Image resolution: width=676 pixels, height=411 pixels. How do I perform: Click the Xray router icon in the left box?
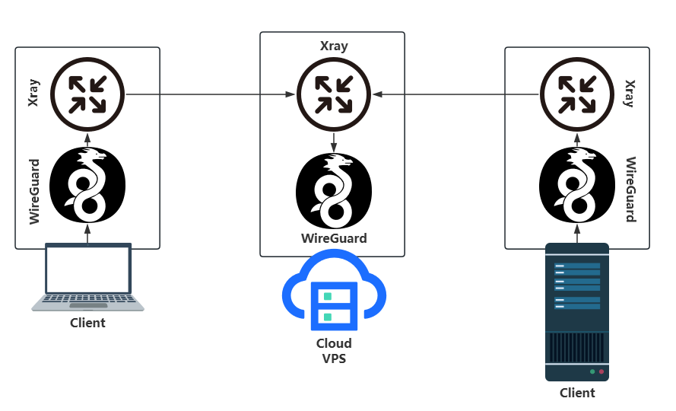87,94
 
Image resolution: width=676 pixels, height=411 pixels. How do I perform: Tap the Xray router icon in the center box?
333,94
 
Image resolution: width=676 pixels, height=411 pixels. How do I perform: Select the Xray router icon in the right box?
576,94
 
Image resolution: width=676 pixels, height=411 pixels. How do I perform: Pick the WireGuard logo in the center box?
333,191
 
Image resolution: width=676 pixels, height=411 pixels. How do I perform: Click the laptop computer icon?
87,276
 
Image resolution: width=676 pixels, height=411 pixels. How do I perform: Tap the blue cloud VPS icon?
333,293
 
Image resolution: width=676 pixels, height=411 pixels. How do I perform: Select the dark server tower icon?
576,312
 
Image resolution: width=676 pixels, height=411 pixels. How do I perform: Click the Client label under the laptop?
87,323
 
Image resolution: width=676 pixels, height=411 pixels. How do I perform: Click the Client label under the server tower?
577,393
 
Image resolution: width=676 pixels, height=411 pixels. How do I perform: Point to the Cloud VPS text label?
334,351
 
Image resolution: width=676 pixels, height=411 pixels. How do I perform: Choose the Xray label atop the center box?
334,46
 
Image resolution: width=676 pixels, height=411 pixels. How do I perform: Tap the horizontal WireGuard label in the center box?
334,238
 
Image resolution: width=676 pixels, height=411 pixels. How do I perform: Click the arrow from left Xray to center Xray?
210,94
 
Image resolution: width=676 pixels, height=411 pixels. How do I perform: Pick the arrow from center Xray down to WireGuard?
333,142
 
